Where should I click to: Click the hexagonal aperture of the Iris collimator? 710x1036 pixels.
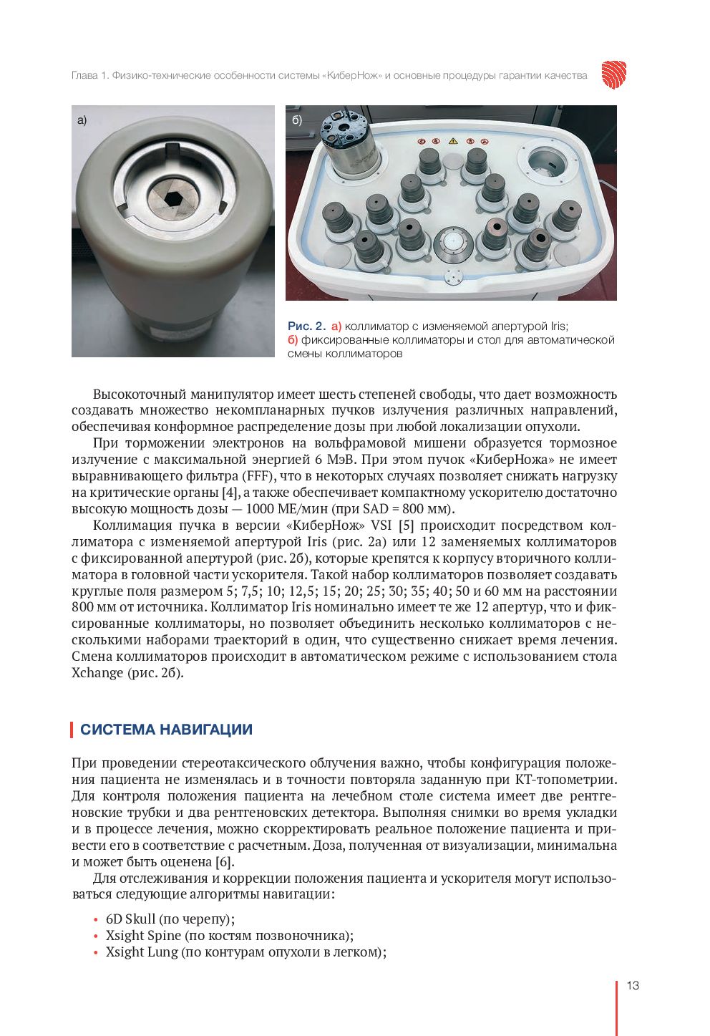(172, 198)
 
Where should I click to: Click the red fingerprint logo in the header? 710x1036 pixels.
(613, 74)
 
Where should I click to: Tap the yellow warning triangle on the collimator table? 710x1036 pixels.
(452, 142)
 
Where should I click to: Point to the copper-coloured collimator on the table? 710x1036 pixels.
(495, 233)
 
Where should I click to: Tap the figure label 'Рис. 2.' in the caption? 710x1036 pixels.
(306, 326)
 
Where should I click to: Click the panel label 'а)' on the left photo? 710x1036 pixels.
(82, 120)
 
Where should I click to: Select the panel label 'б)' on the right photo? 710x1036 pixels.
(297, 120)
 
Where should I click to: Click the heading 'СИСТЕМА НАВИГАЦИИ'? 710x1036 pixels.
(166, 730)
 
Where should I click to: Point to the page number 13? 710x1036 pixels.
(633, 986)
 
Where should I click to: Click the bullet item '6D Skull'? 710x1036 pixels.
(130, 919)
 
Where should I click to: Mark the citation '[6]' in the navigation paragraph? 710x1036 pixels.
(224, 862)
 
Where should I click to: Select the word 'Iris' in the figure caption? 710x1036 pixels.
(558, 326)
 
